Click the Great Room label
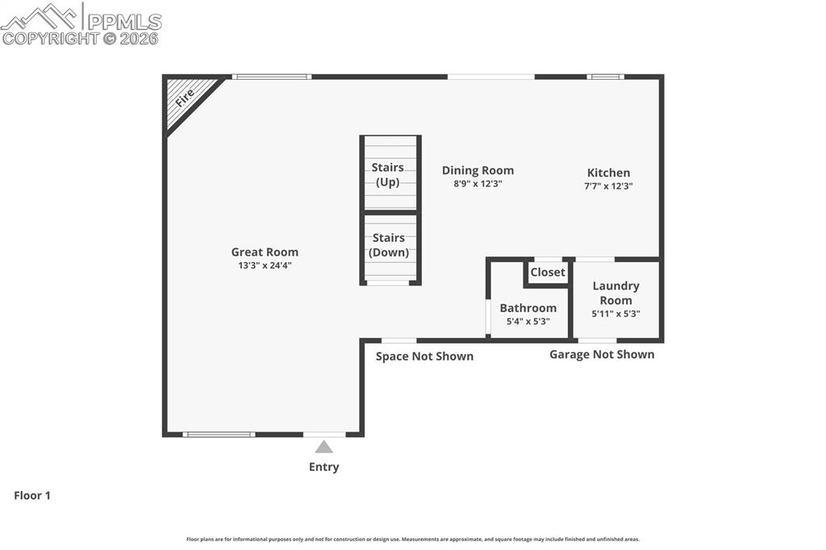[265, 252]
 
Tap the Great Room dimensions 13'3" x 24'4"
[265, 265]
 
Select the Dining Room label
[478, 170]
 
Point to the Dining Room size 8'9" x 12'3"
[478, 183]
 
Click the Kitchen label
[608, 173]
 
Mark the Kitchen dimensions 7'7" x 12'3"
[608, 185]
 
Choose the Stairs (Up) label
[388, 174]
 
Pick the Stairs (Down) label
[389, 245]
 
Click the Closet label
[548, 272]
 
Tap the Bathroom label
[528, 308]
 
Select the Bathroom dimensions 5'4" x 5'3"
[528, 321]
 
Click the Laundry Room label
[615, 293]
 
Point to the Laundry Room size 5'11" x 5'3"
[615, 314]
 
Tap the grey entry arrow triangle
[323, 447]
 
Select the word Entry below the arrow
[323, 467]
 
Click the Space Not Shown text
[424, 356]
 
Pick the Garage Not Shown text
[602, 354]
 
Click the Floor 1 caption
[32, 496]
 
